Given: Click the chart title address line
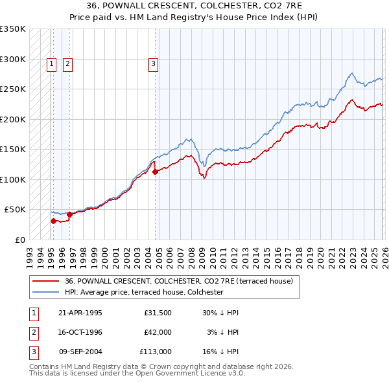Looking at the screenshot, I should [x=194, y=6].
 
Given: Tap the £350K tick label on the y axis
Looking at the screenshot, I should [x=13, y=29].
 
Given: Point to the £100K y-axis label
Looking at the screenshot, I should [x=13, y=179].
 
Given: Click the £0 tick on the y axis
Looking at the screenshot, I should [x=19, y=240].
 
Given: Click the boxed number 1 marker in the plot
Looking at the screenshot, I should [x=51, y=63].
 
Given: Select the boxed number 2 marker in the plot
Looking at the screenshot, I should [x=67, y=63].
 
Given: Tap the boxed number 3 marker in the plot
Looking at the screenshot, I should [x=153, y=63].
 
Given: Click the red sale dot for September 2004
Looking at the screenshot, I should [x=155, y=172].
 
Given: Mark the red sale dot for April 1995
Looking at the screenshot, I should [x=54, y=221].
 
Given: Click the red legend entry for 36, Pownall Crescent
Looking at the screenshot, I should [x=179, y=281].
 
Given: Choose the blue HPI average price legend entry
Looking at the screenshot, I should [x=144, y=293].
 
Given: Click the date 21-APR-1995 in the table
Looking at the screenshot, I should [x=80, y=313].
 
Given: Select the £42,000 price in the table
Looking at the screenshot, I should [x=158, y=332].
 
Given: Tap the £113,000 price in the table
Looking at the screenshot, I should [x=156, y=352].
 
